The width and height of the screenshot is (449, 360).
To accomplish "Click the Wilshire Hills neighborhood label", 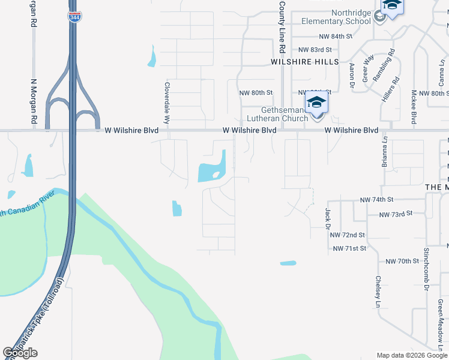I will click(x=304, y=62).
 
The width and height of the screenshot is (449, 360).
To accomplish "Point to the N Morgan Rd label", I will click(x=34, y=103).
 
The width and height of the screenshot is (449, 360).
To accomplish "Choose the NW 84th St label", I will click(x=336, y=37).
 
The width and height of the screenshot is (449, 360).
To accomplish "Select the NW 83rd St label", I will click(x=315, y=50).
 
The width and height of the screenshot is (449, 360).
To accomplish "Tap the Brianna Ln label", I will click(x=384, y=153).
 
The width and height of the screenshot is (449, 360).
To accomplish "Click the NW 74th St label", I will click(x=376, y=199).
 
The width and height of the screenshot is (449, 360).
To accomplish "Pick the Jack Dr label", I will click(x=328, y=218).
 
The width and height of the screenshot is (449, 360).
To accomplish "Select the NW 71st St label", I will click(x=349, y=248).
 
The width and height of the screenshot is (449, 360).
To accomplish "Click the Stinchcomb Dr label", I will click(x=426, y=269).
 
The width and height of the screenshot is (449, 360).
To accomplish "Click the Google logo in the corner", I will click(x=20, y=353).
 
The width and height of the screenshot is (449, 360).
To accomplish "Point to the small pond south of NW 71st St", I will click(x=288, y=263).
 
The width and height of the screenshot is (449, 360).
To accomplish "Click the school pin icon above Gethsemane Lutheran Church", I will click(x=316, y=103).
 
